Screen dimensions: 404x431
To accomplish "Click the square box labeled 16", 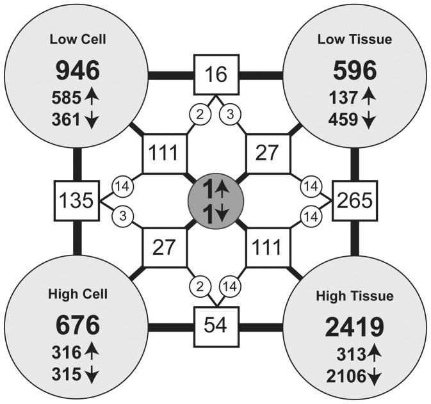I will (x=216, y=74).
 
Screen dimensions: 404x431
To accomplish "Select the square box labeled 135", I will (x=76, y=200).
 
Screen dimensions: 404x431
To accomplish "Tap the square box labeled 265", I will (x=355, y=201).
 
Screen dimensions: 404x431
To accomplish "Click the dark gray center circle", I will (x=216, y=201).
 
